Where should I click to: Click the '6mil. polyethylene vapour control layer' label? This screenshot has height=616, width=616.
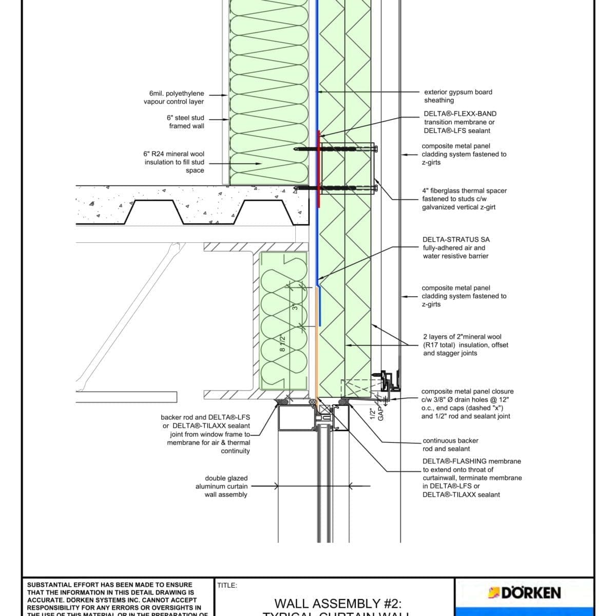tap(174, 98)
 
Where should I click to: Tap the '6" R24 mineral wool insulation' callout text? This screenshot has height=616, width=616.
tap(174, 162)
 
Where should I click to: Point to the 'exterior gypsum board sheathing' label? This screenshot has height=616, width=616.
tap(458, 96)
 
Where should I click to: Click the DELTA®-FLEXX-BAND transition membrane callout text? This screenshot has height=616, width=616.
tap(460, 122)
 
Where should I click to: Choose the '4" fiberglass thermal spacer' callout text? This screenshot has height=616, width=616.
tap(464, 199)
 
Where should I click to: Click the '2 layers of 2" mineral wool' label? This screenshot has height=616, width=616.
tap(465, 345)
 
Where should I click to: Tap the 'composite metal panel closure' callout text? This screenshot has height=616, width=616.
tap(467, 403)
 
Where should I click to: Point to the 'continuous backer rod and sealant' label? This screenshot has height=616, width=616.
tap(450, 445)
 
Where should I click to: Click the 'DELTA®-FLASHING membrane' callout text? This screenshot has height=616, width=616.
tap(472, 478)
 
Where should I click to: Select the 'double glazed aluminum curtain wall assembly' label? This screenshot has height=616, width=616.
tap(222, 486)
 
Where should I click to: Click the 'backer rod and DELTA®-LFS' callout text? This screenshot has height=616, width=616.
tap(205, 434)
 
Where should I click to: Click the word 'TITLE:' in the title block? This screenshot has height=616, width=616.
tap(227, 585)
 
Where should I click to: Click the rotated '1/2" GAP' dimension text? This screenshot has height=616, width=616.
tap(376, 414)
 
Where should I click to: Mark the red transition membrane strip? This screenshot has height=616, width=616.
tap(319, 169)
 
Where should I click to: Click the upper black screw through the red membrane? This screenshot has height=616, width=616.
tap(334, 149)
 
